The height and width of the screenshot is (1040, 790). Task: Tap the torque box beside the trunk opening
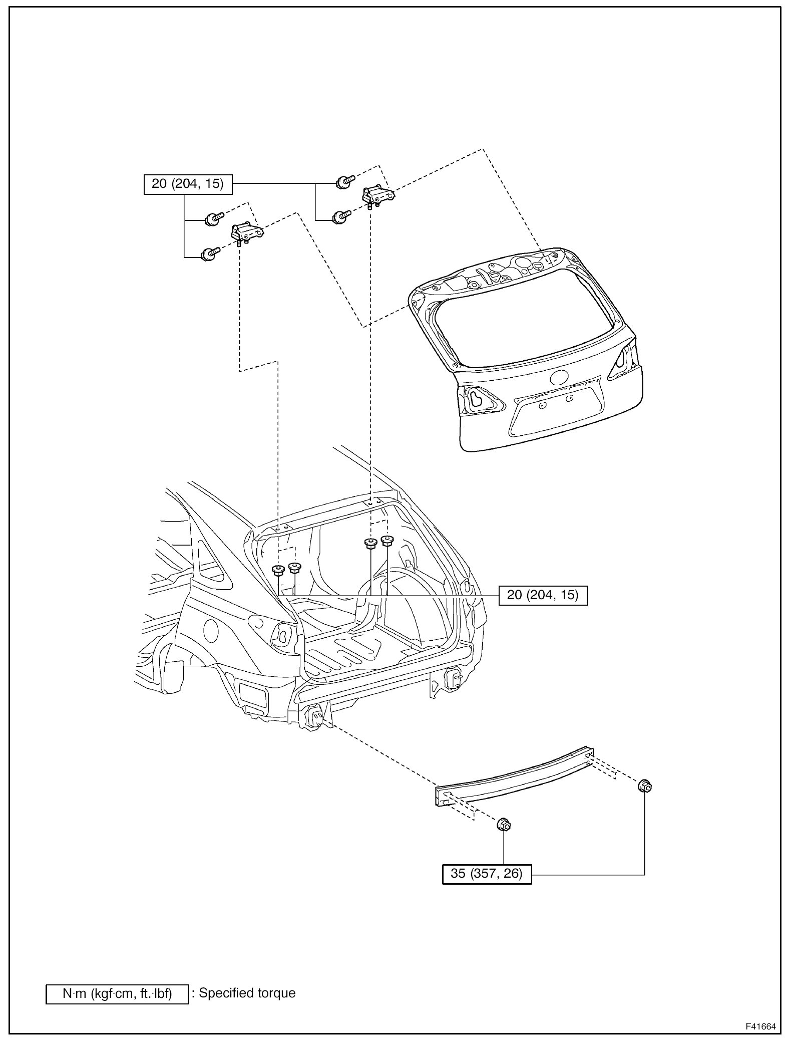pos(543,595)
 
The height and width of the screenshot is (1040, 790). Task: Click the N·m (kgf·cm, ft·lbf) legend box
pos(117,994)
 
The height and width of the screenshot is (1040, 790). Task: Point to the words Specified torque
pos(247,993)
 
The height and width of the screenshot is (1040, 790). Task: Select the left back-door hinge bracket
pos(247,233)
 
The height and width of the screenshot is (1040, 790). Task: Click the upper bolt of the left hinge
pos(213,219)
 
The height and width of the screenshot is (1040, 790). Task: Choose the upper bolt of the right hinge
pos(344,181)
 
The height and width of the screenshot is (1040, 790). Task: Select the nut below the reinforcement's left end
pos(503,824)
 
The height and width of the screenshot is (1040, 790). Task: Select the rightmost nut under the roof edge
pos(386,541)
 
